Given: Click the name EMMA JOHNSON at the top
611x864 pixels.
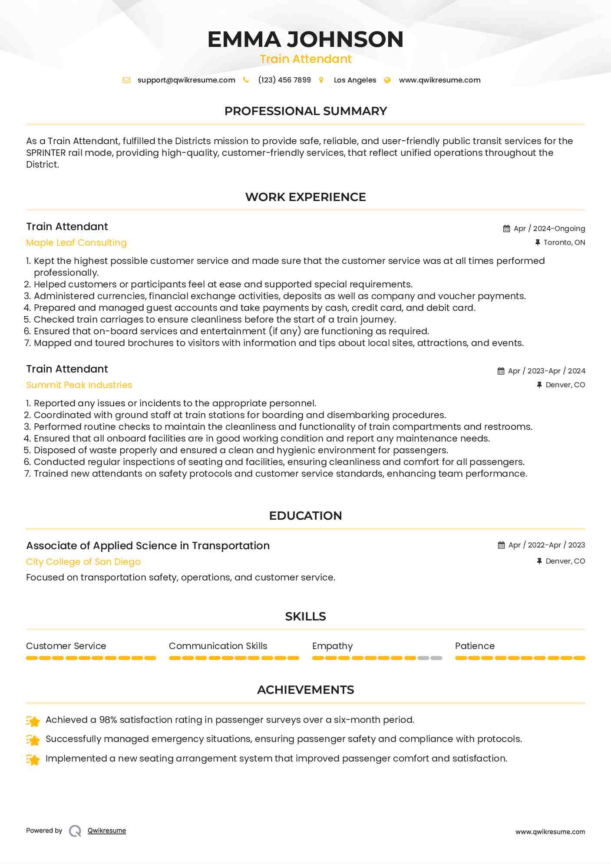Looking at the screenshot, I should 305,40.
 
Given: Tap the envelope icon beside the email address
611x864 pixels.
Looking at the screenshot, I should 126,80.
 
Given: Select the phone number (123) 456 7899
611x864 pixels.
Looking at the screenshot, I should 284,80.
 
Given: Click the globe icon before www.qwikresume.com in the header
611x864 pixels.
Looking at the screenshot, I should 387,80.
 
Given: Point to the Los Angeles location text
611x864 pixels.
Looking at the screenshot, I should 355,80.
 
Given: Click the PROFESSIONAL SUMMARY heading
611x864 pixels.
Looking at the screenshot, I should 305,111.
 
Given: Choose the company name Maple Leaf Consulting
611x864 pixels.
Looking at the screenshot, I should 76,243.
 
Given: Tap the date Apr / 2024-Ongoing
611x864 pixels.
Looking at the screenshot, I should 549,229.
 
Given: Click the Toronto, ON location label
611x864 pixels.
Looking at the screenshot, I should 564,243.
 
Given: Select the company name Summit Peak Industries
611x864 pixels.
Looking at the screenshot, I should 79,385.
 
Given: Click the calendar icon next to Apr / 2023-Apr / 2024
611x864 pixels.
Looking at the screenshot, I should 501,371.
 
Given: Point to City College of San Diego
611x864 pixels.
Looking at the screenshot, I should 83,562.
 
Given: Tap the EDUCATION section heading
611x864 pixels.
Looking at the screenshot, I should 305,516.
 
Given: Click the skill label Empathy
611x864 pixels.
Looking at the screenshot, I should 332,646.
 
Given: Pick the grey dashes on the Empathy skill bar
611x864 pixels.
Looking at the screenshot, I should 430,658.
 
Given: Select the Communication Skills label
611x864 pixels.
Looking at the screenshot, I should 218,646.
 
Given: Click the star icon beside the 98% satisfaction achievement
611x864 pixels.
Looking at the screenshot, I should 33,721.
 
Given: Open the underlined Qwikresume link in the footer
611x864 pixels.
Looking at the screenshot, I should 107,831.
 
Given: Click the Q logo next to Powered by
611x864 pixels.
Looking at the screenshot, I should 75,831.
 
